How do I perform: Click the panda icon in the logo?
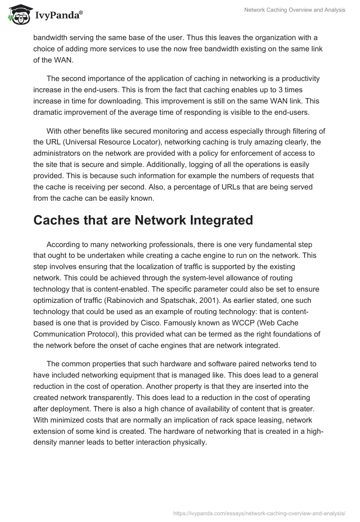pos(18,15)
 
